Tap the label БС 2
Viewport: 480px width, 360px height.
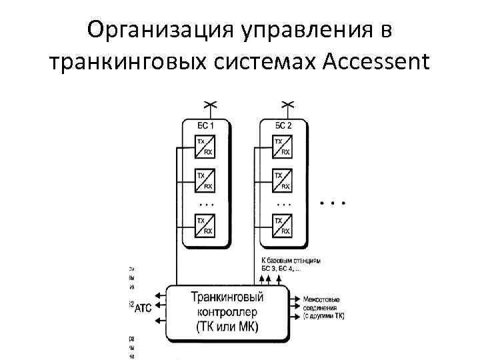tap(283, 126)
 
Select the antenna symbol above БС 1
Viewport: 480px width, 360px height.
tap(209, 105)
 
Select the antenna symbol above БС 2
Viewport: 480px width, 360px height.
tap(287, 105)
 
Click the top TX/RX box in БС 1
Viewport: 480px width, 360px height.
tap(205, 147)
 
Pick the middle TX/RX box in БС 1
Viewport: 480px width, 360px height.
tap(205, 180)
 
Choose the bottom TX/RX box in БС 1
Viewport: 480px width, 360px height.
tap(205, 225)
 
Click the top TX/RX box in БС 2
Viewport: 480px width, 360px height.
tap(283, 147)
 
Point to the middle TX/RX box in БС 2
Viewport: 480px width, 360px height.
tap(283, 180)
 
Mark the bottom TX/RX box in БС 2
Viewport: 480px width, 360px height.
tap(283, 225)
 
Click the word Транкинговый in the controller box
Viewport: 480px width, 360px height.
tap(226, 297)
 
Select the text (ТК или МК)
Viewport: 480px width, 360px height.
tap(227, 326)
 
